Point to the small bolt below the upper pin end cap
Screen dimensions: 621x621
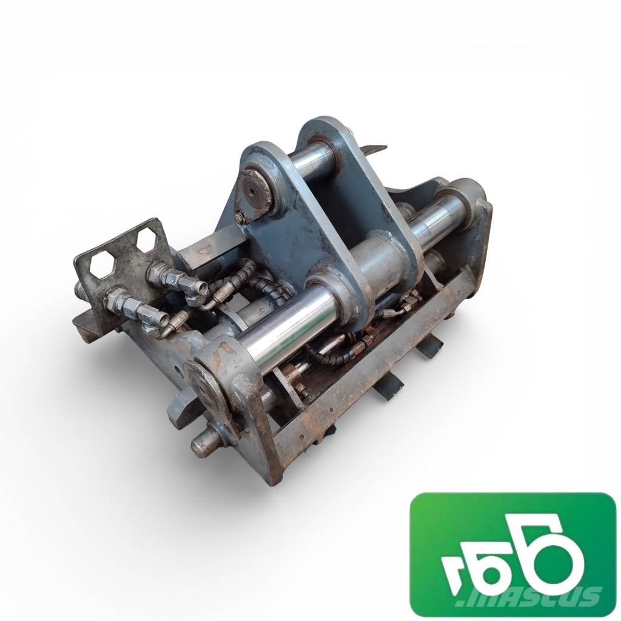[x=240, y=217]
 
